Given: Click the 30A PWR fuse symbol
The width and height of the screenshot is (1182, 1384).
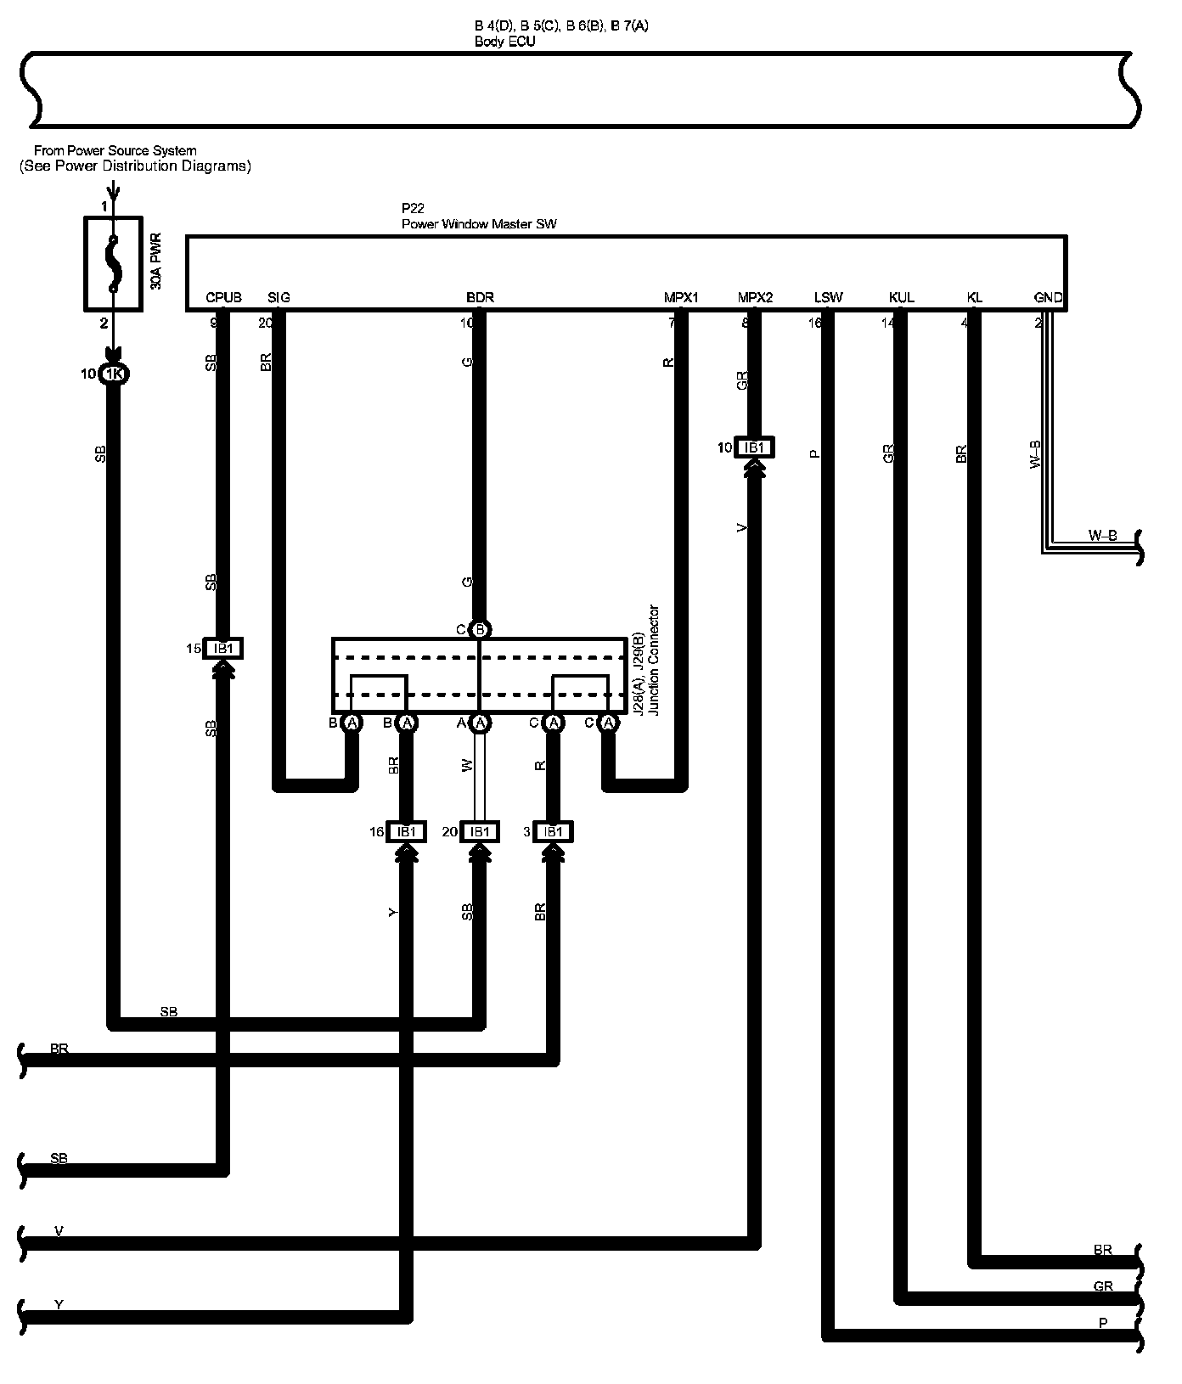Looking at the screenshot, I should click(111, 262).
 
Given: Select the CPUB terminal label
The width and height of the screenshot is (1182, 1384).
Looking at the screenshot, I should click(223, 297).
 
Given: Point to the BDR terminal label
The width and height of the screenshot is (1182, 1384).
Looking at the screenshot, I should click(480, 297).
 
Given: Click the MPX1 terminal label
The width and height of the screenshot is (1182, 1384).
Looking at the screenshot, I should click(681, 297).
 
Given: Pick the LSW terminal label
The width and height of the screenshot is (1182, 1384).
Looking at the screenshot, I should click(828, 297).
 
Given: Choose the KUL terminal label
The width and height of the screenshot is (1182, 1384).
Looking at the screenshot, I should click(901, 297).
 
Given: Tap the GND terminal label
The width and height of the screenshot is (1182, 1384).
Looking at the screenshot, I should click(1048, 297).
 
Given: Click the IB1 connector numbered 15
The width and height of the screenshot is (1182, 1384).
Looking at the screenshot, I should click(223, 649).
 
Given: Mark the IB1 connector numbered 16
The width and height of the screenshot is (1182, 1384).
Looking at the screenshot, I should click(407, 832).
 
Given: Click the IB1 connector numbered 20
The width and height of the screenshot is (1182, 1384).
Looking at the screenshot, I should click(480, 832).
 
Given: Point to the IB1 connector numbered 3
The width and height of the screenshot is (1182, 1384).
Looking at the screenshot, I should click(553, 832).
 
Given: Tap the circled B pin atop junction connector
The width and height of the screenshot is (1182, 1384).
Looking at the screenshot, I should click(480, 630).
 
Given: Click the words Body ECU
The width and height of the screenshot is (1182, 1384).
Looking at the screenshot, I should click(505, 41).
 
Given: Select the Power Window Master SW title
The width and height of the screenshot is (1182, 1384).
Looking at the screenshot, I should click(479, 224).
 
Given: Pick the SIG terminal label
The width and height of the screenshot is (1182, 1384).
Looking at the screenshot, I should click(279, 297).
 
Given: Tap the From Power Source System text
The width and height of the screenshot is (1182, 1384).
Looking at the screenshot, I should click(115, 151).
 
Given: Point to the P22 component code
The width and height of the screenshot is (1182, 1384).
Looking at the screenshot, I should click(413, 208).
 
